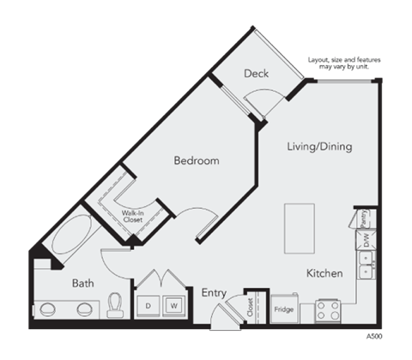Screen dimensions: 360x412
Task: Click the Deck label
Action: click(x=256, y=74)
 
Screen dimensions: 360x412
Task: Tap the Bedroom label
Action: click(x=197, y=161)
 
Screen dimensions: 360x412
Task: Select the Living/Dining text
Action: click(x=318, y=147)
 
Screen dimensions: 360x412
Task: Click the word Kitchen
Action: click(x=324, y=273)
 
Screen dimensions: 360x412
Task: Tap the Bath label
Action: click(x=82, y=283)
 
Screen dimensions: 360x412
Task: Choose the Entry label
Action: click(x=214, y=293)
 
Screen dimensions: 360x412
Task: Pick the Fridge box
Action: click(x=284, y=308)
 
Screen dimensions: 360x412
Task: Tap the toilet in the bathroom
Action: click(x=116, y=305)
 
